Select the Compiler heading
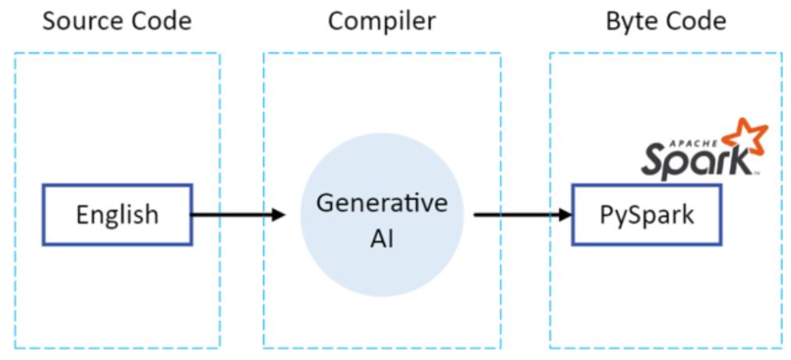(381, 21)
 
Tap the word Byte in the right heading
(631, 21)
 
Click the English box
(116, 214)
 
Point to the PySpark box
(647, 214)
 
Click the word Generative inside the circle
(382, 204)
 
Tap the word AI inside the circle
(382, 238)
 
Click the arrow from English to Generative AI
(234, 214)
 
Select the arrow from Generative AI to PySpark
(519, 214)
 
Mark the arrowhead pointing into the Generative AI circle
(279, 214)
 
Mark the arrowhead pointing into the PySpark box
(565, 214)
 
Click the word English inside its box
(116, 214)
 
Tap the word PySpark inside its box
(647, 215)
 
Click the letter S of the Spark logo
(654, 161)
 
